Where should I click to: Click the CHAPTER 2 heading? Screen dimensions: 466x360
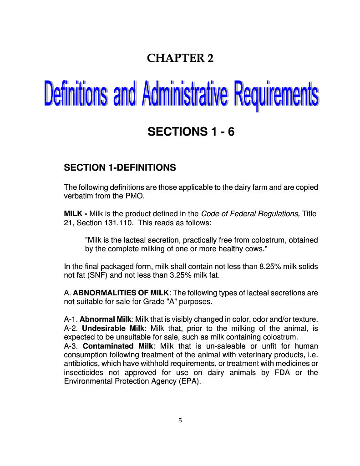coord(180,58)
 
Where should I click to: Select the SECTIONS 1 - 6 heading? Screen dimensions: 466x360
coord(191,132)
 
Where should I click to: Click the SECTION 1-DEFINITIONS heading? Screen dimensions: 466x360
coord(120,167)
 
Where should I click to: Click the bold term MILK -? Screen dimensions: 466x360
coord(76,213)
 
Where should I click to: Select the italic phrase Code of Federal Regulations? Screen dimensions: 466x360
coord(250,213)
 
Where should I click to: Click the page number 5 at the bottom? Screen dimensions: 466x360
coord(180,420)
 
